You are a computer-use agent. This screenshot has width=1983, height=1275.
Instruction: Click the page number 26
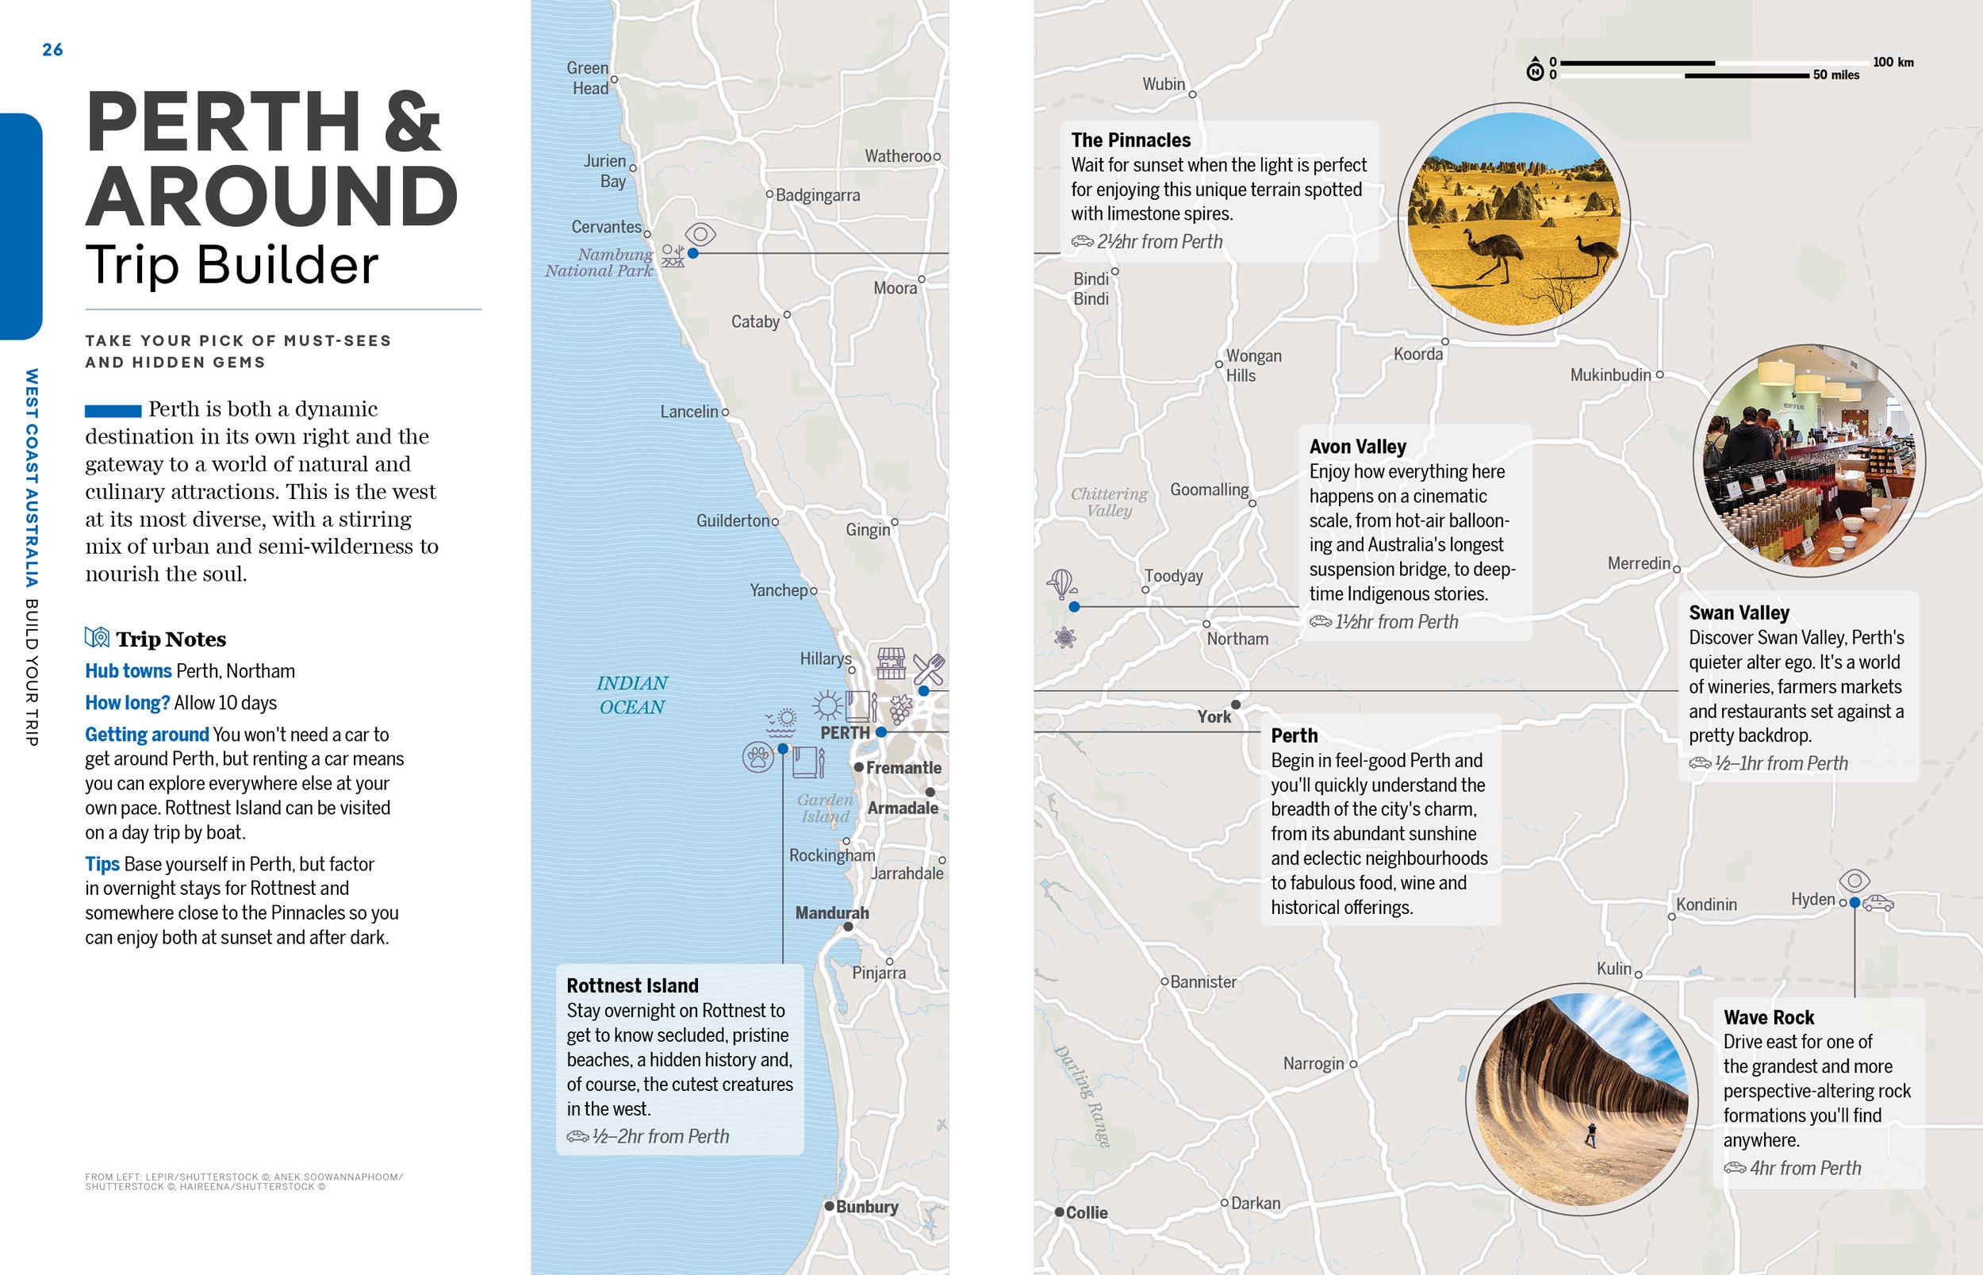pyautogui.click(x=52, y=50)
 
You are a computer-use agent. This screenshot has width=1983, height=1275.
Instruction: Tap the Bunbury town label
pyautogui.click(x=866, y=1206)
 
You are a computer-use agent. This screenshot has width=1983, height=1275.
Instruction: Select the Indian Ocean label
pyautogui.click(x=632, y=695)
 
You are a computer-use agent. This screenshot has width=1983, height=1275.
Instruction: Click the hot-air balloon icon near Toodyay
pyautogui.click(x=1062, y=583)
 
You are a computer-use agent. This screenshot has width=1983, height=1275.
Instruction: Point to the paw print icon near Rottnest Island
pyautogui.click(x=758, y=757)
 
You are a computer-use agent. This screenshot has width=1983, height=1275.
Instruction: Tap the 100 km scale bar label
pyautogui.click(x=1893, y=62)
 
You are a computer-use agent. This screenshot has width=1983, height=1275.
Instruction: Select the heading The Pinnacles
pyautogui.click(x=1130, y=140)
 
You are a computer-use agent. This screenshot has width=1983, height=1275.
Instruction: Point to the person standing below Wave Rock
pyautogui.click(x=1590, y=1135)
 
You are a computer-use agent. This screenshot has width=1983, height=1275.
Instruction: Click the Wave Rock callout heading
pyautogui.click(x=1769, y=1017)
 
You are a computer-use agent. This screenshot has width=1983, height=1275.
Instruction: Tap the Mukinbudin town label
pyautogui.click(x=1610, y=375)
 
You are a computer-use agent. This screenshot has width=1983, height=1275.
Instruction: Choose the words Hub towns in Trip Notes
pyautogui.click(x=128, y=670)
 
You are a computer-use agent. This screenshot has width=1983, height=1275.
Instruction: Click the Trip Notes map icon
pyautogui.click(x=97, y=638)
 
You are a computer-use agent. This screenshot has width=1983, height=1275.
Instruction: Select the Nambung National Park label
pyautogui.click(x=599, y=263)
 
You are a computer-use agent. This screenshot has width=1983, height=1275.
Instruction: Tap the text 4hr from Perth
pyautogui.click(x=1805, y=1168)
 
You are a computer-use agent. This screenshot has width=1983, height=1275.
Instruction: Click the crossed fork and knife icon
pyautogui.click(x=929, y=669)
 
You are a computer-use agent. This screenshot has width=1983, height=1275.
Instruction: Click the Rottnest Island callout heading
pyautogui.click(x=632, y=986)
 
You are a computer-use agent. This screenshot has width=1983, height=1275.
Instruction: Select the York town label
pyautogui.click(x=1214, y=716)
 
